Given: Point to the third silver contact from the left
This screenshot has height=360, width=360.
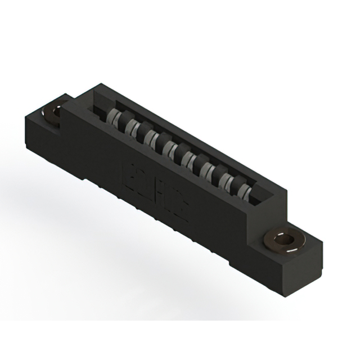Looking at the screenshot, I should click(150, 136).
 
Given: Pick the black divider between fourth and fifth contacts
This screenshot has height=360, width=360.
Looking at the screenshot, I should click(175, 149).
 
